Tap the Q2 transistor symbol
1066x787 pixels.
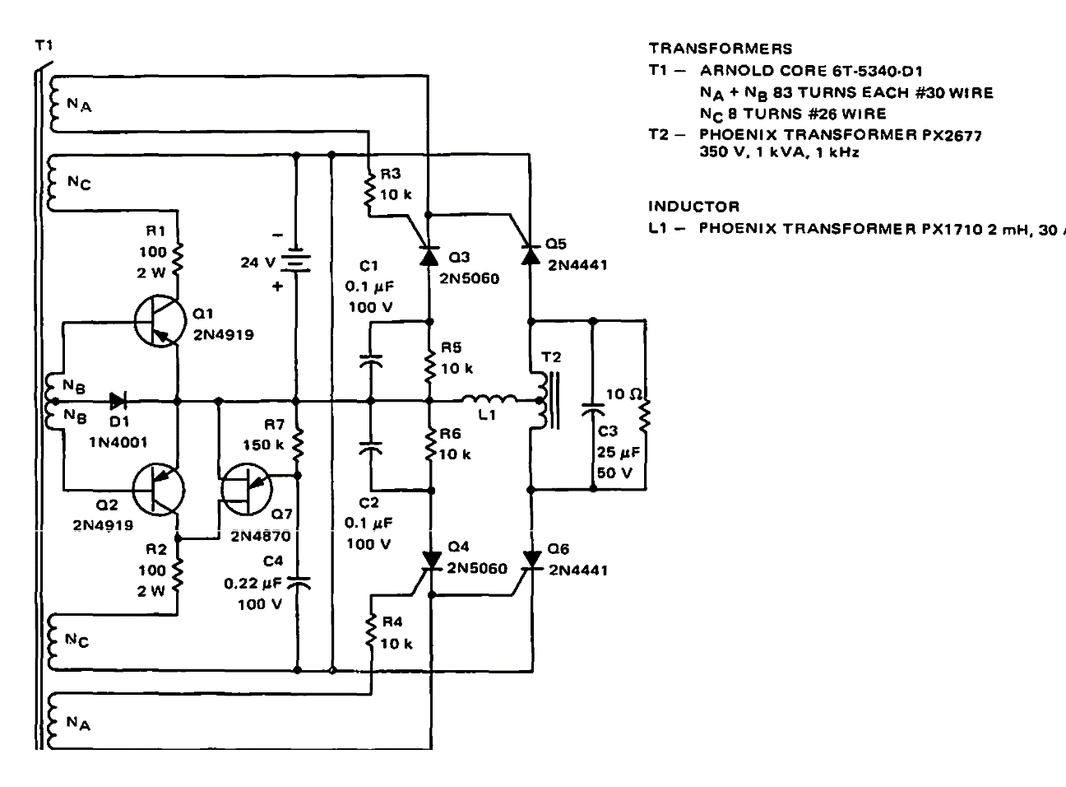159,489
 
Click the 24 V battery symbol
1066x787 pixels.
296,263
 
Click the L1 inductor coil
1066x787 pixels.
489,401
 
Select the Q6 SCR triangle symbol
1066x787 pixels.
531,560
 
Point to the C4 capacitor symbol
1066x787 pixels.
297,582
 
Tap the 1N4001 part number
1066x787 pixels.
118,442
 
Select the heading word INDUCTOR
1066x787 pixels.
694,207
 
